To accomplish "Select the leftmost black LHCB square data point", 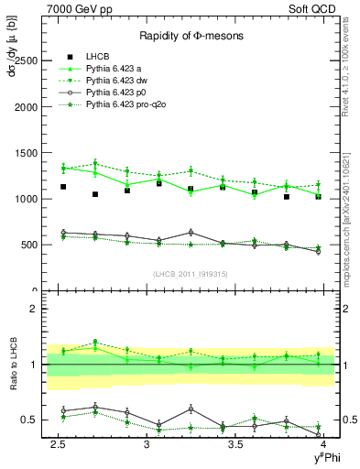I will [x=62, y=187].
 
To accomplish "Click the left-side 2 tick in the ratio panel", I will [x=32, y=309].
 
